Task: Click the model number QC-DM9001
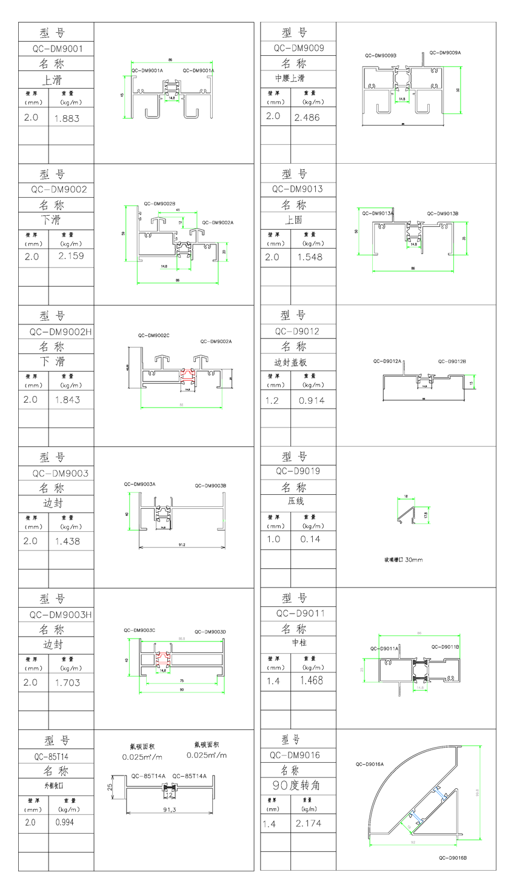coord(58,49)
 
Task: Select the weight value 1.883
coord(67,119)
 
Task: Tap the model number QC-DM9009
coord(298,49)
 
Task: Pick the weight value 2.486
coord(307,117)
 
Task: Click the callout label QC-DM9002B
coord(159,204)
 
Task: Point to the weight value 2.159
coord(71,256)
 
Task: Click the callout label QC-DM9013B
coord(442,213)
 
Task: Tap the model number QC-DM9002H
coord(60,332)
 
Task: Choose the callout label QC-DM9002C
coord(153,335)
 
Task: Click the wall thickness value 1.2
coord(273,400)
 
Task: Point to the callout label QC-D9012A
coord(387,361)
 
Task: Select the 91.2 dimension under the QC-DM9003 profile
coord(182,545)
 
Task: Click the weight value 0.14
coord(310,539)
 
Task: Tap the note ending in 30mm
coord(403,560)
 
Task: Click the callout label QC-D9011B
coord(445,647)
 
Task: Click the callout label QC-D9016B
coord(453,858)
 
